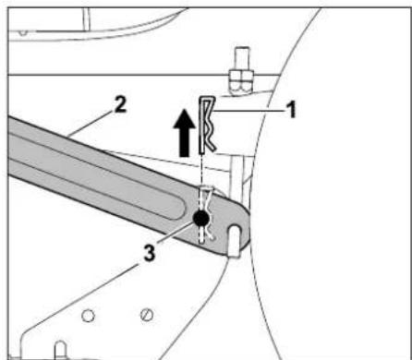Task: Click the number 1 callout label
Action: [x=291, y=110]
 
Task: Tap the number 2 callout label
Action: [x=120, y=105]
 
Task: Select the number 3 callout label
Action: [x=150, y=254]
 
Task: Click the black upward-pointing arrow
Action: [x=185, y=133]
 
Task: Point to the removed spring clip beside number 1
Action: [x=206, y=125]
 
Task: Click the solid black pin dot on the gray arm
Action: [x=201, y=218]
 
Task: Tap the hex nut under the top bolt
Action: [x=241, y=80]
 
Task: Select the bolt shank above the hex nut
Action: [x=241, y=58]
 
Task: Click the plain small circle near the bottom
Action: [x=88, y=316]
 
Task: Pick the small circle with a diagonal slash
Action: [x=147, y=315]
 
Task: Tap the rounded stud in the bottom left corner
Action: [x=61, y=349]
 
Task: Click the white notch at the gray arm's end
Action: [x=235, y=240]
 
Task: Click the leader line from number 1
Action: [x=248, y=111]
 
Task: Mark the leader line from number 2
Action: [x=90, y=123]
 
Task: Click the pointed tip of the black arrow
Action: [x=185, y=110]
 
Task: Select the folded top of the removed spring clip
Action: [x=207, y=99]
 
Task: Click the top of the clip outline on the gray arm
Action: [x=206, y=186]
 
